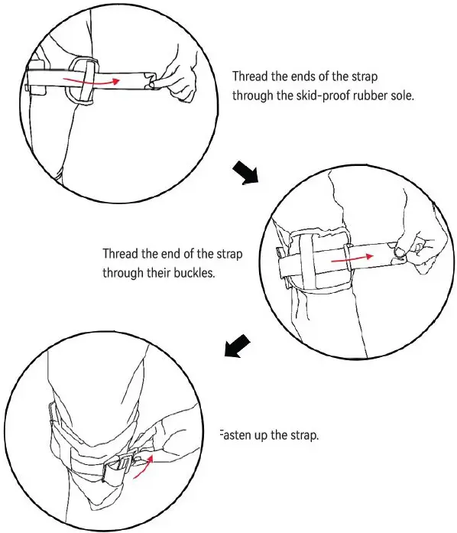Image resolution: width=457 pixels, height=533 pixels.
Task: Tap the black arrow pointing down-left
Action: click(x=235, y=345)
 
